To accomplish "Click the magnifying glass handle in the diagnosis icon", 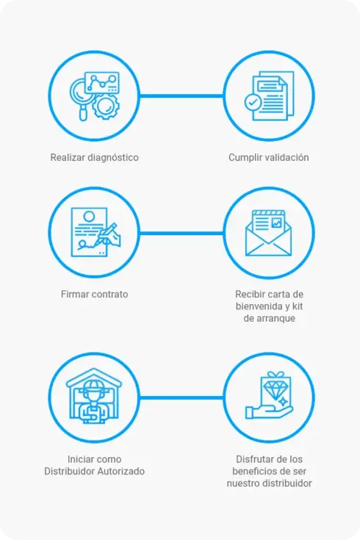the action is pos(83,113).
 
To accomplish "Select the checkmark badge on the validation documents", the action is pos(253,102).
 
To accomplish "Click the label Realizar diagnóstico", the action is pos(94,157).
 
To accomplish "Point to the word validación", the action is pos(289,157).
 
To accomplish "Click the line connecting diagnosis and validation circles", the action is pos(181,96).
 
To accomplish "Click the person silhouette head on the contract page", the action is pos(89,217).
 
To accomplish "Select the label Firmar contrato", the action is pos(94,294).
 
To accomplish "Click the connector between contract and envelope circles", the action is pos(181,233).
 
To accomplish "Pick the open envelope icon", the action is pos(268,233).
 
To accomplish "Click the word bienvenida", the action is pos(259,306).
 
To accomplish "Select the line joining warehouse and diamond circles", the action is pos(181,397).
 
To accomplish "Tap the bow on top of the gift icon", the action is pos(276,375).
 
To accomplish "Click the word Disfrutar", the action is pos(252,459).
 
